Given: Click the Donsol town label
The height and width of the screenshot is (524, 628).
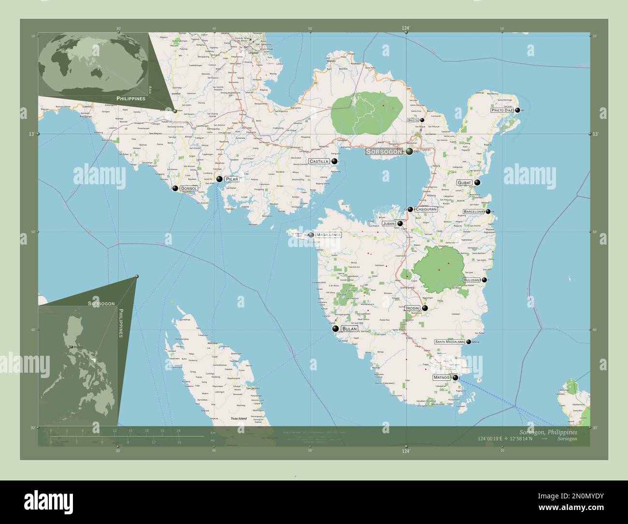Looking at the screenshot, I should (188, 188).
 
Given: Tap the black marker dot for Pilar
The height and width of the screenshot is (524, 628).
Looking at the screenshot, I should (219, 179).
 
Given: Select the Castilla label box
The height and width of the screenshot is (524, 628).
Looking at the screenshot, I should (319, 161).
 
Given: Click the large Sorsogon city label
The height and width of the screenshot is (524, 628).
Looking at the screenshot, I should (385, 152).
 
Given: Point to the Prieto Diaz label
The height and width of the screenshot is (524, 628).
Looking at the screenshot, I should (501, 110).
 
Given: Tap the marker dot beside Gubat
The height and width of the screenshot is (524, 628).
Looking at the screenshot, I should (477, 183).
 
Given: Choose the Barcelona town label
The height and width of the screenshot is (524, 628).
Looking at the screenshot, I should (473, 212).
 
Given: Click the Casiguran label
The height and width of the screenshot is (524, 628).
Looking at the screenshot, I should (426, 210).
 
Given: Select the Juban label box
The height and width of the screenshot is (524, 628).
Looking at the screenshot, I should (389, 224).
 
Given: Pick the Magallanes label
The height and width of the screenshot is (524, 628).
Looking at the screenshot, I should (328, 235).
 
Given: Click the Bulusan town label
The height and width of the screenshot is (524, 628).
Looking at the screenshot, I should (471, 280).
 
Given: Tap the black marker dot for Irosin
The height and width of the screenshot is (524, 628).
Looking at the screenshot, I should (425, 308).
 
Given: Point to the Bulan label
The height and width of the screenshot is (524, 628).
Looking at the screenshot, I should (349, 329).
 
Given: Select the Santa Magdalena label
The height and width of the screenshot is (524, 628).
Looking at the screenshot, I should (449, 342).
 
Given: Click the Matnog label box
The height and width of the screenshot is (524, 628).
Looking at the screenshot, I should (442, 378).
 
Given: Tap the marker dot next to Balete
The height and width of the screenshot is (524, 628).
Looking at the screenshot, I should (422, 120).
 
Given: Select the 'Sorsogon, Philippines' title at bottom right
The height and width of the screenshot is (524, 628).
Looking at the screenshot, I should (548, 432).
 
